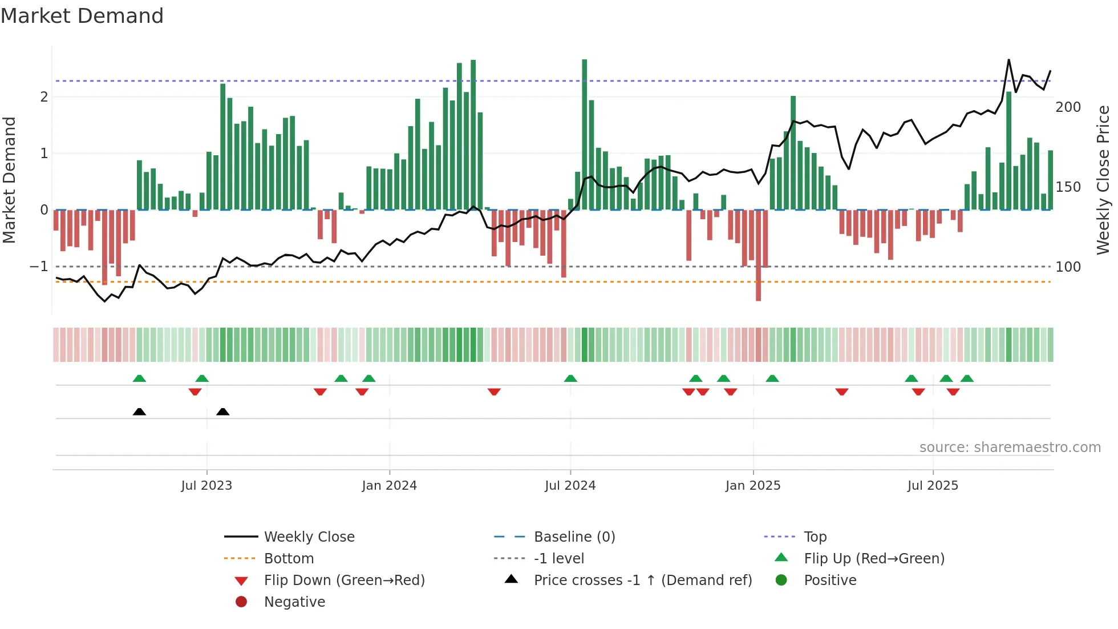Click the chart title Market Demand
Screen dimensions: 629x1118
coord(82,16)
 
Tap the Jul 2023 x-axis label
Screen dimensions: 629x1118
coord(206,486)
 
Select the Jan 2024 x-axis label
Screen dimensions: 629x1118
coord(389,486)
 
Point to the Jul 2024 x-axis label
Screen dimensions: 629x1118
coord(570,486)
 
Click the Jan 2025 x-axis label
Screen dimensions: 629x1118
coord(753,486)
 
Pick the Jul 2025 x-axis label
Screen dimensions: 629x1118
coord(933,486)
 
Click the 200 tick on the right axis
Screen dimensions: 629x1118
coord(1068,107)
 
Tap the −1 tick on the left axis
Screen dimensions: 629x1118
coord(39,267)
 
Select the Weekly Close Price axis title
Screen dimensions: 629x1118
coord(1103,180)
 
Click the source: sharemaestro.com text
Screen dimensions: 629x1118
coord(1010,447)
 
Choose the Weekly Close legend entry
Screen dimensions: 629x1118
coord(309,537)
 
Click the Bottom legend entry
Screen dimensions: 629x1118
coord(289,559)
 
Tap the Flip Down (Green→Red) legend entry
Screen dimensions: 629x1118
coord(344,580)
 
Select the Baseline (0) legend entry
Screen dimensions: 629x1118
coord(574,537)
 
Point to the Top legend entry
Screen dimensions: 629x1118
coord(815,537)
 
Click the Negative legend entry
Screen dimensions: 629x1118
coord(294,602)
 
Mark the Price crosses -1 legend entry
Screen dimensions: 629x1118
coord(642,580)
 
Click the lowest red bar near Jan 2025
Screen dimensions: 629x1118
coord(758,257)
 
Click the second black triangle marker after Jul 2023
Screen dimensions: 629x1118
coord(223,412)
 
